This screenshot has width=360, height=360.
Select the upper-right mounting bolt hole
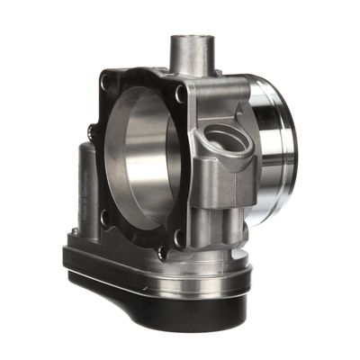click(181, 93)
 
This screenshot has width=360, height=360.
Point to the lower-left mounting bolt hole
click(106, 216)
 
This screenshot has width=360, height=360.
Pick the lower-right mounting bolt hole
click(178, 237)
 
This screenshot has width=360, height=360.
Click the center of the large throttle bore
click(144, 157)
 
